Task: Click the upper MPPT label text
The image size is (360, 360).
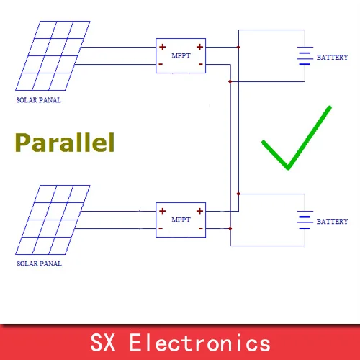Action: (181, 55)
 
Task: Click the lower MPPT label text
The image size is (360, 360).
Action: (181, 220)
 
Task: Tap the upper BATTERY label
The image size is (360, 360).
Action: (332, 58)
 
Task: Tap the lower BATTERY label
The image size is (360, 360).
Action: (332, 221)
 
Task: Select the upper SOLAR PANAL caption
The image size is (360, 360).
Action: (39, 100)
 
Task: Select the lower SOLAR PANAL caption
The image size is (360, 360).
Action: (39, 264)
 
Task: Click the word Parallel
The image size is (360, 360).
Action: (65, 143)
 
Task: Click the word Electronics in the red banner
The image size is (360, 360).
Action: (200, 343)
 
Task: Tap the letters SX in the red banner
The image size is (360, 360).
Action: (102, 343)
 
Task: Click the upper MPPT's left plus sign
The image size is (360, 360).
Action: (163, 47)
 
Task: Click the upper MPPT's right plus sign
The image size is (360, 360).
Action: (199, 47)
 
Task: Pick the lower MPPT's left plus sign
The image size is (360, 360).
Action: (163, 211)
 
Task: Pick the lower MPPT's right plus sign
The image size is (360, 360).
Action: (199, 211)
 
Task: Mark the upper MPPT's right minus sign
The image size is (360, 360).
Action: (201, 64)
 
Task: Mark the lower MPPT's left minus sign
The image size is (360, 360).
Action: (161, 228)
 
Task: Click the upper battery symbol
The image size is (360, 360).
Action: (305, 55)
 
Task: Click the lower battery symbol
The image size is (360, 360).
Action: (305, 220)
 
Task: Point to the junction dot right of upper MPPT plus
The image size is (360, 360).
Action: (238, 48)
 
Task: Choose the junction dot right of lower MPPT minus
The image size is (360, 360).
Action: (230, 228)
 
